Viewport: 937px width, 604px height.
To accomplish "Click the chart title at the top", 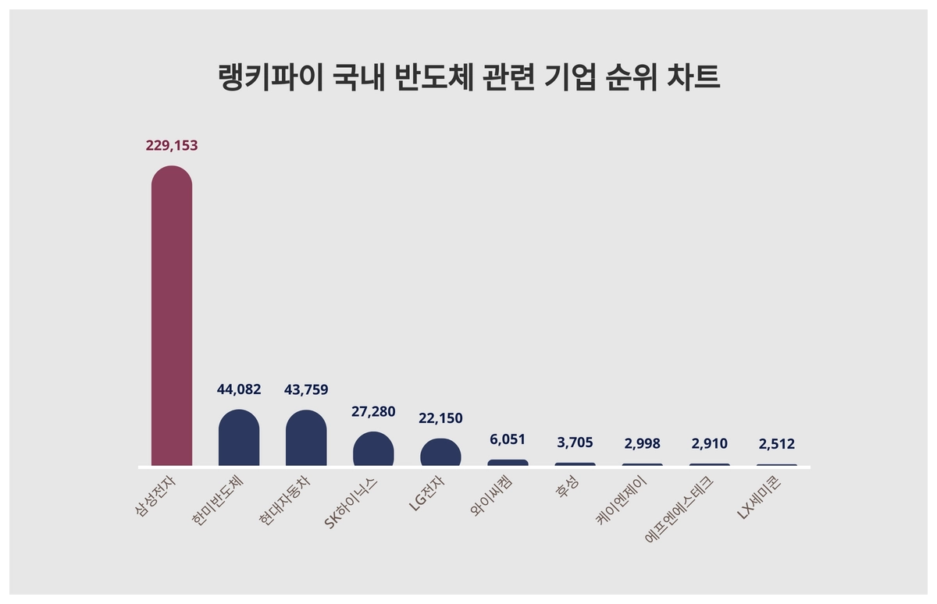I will pos(468,79).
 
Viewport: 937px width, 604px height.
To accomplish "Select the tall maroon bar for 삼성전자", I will pos(171,316).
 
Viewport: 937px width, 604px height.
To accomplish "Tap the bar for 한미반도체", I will pos(239,438).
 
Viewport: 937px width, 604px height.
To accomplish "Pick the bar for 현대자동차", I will pos(306,439).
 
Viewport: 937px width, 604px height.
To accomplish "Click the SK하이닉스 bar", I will pos(373,449).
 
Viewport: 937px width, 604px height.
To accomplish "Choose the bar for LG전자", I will pos(440,453).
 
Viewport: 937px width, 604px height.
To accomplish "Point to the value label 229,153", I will pos(172,145).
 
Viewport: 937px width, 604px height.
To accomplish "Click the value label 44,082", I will pos(239,389).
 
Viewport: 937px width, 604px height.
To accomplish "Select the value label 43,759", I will pos(306,389).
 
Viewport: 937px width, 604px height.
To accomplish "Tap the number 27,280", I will pos(373,411).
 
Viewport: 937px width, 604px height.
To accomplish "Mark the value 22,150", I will pos(440,418).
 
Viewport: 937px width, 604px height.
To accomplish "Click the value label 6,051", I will pos(508,439).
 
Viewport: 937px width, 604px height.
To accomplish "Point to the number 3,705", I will pos(575,442).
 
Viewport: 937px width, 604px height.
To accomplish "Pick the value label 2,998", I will pos(642,443).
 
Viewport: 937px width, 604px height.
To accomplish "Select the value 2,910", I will pos(709,443).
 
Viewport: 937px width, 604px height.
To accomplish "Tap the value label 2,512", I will pos(776,444).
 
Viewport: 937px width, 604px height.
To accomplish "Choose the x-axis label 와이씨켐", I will pos(492,499).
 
